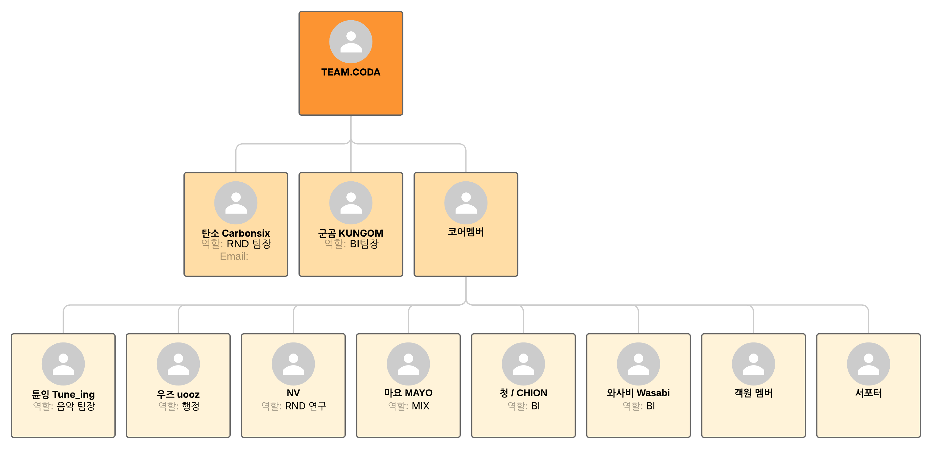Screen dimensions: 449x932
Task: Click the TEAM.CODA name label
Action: [x=351, y=72]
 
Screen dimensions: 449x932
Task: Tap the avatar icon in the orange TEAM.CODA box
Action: [x=351, y=42]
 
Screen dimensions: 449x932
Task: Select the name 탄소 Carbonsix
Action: [x=236, y=233]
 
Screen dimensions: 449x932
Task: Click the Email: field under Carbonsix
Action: [x=234, y=256]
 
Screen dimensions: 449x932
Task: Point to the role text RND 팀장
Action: [x=248, y=244]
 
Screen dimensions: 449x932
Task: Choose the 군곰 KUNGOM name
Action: [x=351, y=233]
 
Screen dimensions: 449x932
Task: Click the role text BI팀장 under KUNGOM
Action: [x=364, y=244]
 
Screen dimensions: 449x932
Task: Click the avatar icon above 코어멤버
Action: [x=466, y=203]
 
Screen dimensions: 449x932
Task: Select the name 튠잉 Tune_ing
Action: [x=63, y=394]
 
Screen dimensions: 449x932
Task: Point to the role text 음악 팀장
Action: [x=75, y=406]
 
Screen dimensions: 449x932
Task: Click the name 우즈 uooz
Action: [x=178, y=394]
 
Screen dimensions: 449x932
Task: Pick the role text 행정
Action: [x=191, y=406]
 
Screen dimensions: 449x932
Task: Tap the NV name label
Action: [x=293, y=393]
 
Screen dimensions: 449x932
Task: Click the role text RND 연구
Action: [x=306, y=406]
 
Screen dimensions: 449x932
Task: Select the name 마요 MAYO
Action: [x=408, y=393]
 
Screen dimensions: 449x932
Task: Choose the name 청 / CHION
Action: [x=523, y=393]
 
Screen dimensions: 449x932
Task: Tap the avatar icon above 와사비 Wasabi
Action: [x=638, y=364]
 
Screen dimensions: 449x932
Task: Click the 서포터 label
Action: [x=868, y=393]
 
